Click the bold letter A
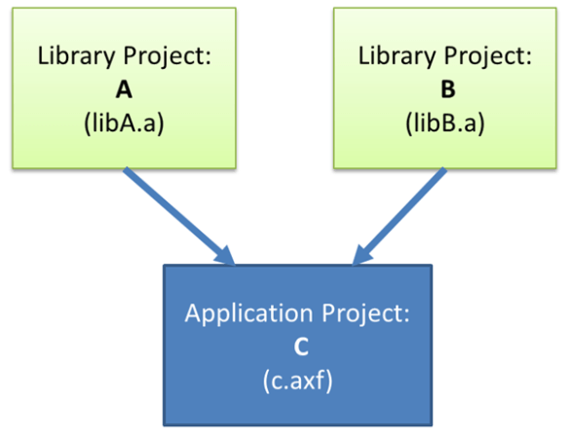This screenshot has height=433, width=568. [124, 90]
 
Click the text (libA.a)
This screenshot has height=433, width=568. [124, 124]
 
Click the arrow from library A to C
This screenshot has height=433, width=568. [175, 213]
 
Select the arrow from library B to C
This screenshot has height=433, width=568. [399, 214]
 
